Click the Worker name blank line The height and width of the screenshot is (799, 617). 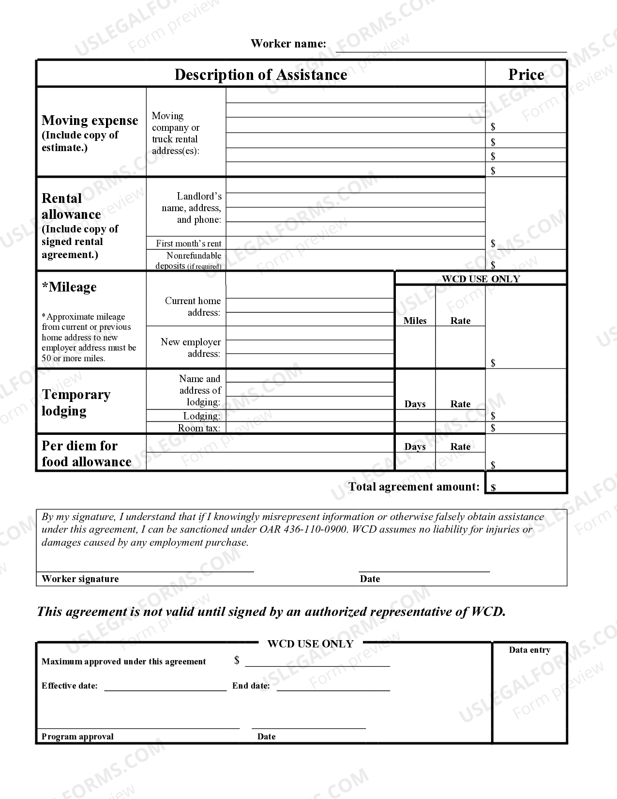point(451,47)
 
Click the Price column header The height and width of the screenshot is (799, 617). point(526,75)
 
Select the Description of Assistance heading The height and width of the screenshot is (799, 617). point(260,75)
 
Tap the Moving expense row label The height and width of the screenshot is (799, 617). point(90,121)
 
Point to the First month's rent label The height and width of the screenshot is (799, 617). point(188,244)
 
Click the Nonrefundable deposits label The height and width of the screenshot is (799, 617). point(188,261)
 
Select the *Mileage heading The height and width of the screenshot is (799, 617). point(69,287)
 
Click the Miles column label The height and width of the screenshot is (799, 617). point(415,321)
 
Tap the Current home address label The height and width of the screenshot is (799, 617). point(193,307)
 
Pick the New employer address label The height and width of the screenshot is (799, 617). point(191,348)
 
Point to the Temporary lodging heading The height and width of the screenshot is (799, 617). point(76,402)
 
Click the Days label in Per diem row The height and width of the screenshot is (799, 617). point(415,446)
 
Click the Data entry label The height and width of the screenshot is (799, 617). point(529,650)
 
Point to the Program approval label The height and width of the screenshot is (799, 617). point(77,737)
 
